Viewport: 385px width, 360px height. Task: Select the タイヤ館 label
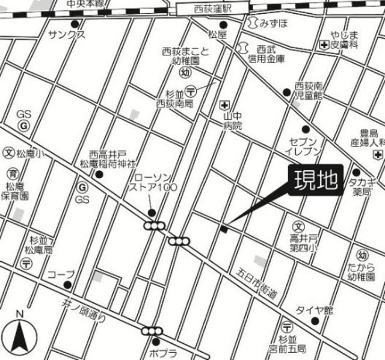[313, 310]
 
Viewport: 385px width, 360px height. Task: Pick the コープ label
[61, 274]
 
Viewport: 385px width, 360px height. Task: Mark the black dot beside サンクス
[75, 24]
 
